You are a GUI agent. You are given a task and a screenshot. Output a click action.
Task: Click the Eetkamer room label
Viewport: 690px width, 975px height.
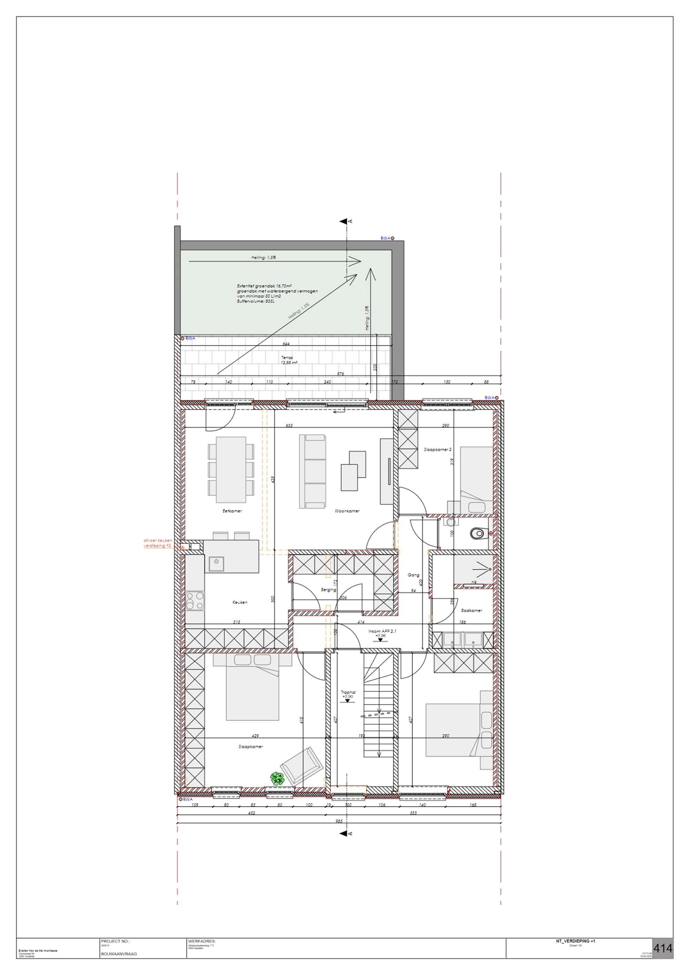pyautogui.click(x=232, y=511)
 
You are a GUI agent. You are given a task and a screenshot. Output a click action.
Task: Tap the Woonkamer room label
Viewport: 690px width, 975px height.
pyautogui.click(x=347, y=511)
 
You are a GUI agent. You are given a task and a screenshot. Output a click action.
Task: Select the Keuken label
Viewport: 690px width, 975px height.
pyautogui.click(x=240, y=602)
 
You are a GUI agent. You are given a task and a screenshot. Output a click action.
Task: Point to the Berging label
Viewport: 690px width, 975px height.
pyautogui.click(x=328, y=590)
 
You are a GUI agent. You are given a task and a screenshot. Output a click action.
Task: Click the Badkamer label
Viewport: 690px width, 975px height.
pyautogui.click(x=472, y=610)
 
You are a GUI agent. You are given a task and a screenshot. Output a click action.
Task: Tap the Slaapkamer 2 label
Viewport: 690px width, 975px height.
pyautogui.click(x=437, y=449)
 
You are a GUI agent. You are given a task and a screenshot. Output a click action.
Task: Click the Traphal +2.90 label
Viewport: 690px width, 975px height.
pyautogui.click(x=348, y=694)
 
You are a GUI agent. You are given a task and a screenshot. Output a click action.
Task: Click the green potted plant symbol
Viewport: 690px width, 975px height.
pyautogui.click(x=277, y=778)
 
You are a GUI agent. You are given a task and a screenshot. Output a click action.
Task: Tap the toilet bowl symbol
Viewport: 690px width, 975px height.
pyautogui.click(x=479, y=533)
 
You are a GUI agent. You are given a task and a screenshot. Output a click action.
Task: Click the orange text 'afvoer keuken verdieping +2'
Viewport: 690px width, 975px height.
pyautogui.click(x=158, y=543)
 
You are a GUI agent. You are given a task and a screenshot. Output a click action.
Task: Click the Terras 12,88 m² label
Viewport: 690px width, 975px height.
pyautogui.click(x=289, y=360)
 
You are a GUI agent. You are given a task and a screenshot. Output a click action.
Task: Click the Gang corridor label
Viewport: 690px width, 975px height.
pyautogui.click(x=413, y=575)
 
